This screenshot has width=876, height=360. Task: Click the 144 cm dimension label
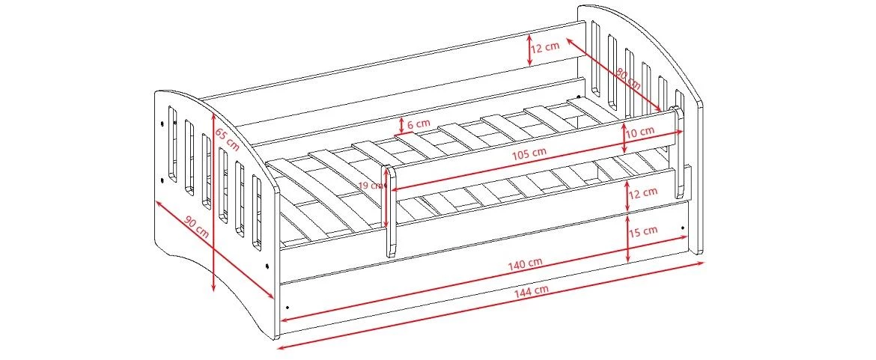[532, 290]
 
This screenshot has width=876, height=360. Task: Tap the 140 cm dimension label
[525, 263]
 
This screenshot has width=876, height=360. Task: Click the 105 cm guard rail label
[529, 153]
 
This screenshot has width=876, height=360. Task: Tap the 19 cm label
[369, 186]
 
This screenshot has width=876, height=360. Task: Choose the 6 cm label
[419, 123]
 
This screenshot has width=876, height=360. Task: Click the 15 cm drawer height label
[643, 231]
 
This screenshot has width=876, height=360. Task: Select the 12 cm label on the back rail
[545, 47]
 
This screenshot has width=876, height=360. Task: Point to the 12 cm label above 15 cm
[643, 193]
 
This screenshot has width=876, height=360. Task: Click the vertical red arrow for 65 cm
[214, 202]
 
